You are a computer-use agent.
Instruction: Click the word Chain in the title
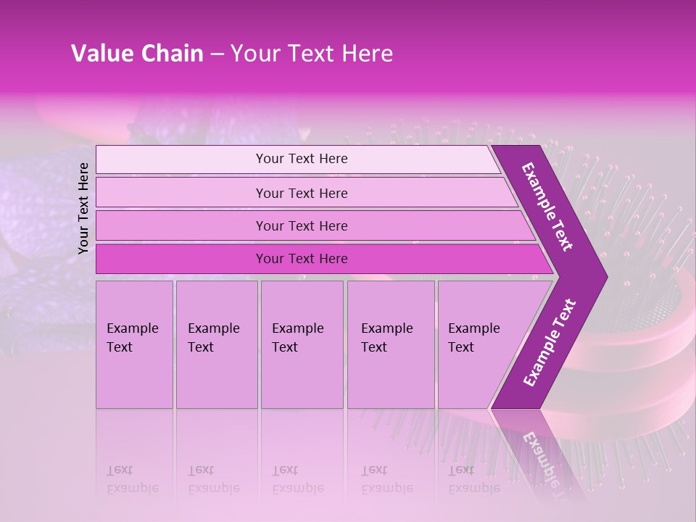172,54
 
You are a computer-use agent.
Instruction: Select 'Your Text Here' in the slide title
312,54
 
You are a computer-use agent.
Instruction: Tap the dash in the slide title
217,54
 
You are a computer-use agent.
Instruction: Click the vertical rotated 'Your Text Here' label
83,208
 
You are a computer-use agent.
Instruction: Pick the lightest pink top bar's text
302,159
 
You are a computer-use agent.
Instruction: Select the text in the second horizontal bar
302,193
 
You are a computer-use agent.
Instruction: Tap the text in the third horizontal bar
302,225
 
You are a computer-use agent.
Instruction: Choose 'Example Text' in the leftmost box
132,338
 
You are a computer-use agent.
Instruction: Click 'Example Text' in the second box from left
213,338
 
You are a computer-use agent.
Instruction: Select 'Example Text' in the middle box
297,338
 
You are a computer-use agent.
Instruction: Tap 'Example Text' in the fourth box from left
386,338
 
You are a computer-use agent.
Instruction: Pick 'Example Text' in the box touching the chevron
473,338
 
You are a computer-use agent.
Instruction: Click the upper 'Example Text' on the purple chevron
547,207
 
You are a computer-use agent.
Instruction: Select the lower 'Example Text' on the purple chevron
550,343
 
